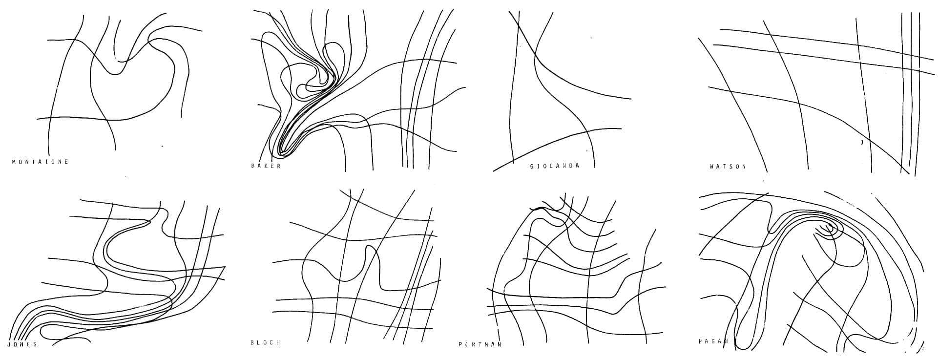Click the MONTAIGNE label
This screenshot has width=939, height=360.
(x=40, y=162)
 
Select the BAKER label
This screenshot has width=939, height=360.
(x=266, y=166)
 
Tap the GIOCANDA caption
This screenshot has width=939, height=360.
(x=555, y=166)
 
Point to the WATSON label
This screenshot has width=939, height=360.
(x=728, y=167)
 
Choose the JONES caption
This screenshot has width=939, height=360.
(x=22, y=344)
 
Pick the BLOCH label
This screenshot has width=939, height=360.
(x=266, y=343)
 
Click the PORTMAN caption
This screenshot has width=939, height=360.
(x=480, y=344)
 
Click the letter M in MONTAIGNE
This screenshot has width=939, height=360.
(x=14, y=162)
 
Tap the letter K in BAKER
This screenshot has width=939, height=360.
(x=266, y=166)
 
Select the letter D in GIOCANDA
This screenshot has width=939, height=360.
(x=570, y=166)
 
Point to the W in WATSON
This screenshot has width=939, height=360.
(x=712, y=167)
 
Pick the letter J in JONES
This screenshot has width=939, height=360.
(x=10, y=344)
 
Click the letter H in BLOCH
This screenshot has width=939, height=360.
(x=279, y=343)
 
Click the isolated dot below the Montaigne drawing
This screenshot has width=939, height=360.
(x=163, y=146)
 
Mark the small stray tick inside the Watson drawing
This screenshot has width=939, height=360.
(x=862, y=142)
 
